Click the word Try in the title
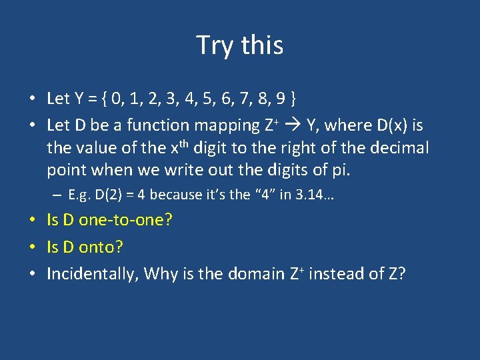(x=215, y=45)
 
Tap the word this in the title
(x=262, y=45)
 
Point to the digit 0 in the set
(x=118, y=99)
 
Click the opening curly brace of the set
(x=105, y=99)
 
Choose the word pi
(x=340, y=170)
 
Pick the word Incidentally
(x=91, y=274)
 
